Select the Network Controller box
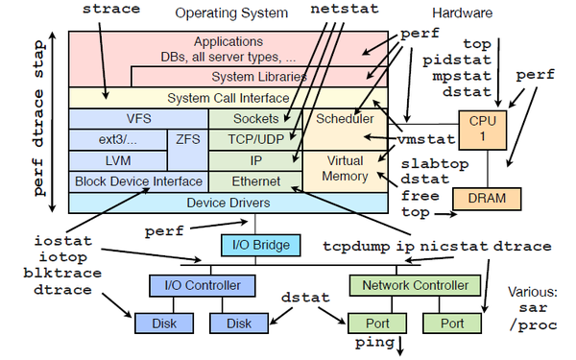pos(414,285)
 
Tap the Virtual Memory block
pos(345,169)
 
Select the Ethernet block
pos(255,180)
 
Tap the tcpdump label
pos(355,246)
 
